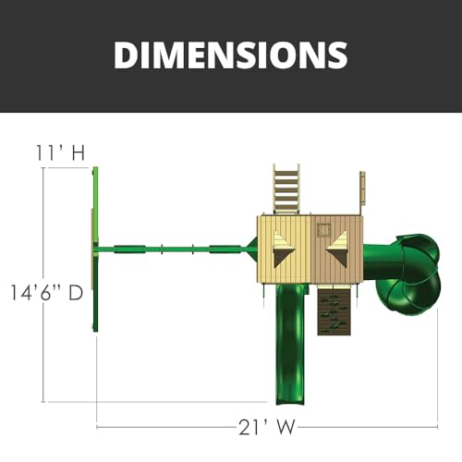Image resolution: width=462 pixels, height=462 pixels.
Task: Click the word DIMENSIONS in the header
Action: pyautogui.click(x=230, y=55)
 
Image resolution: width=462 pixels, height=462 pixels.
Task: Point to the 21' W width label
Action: pyautogui.click(x=268, y=427)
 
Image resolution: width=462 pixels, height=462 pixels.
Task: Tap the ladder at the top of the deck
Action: pyautogui.click(x=286, y=189)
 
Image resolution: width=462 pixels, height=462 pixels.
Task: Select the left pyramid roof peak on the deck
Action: pyautogui.click(x=282, y=248)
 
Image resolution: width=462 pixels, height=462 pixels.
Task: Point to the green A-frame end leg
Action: pyautogui.click(x=95, y=249)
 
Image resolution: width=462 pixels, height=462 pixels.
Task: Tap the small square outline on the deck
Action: pyautogui.click(x=323, y=229)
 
